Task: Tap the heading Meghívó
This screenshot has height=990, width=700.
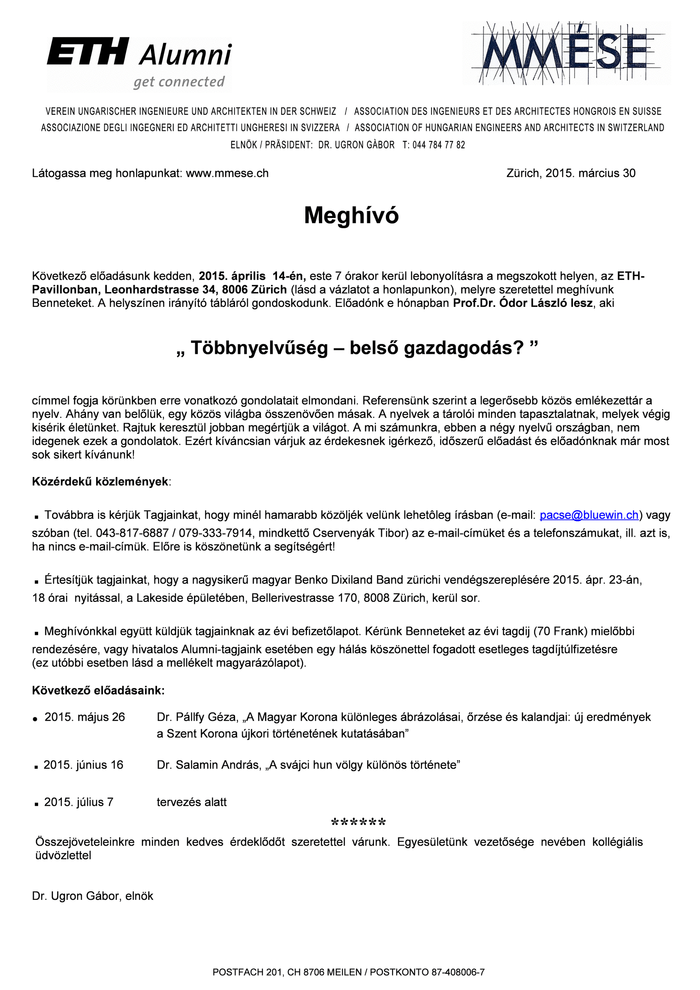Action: pos(351,215)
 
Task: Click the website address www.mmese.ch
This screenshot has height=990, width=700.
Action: pos(227,174)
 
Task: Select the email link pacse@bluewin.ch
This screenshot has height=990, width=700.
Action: pos(589,515)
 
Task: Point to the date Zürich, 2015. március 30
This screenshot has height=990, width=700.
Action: pos(570,174)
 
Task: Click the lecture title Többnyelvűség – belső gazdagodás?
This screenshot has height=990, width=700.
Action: pos(357,347)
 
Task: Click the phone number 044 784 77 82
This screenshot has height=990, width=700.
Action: pos(439,145)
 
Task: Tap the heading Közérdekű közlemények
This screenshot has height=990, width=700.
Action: pos(100,482)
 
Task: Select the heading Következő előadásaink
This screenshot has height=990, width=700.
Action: pos(98,691)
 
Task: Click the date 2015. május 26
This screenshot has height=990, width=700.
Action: pos(85,717)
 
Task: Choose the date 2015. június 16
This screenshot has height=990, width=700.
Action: pos(83,765)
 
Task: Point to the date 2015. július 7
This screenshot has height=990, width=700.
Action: pos(78,802)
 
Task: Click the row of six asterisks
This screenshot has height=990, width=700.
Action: pos(358,822)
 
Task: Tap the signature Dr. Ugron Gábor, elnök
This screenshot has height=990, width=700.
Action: pos(92,896)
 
